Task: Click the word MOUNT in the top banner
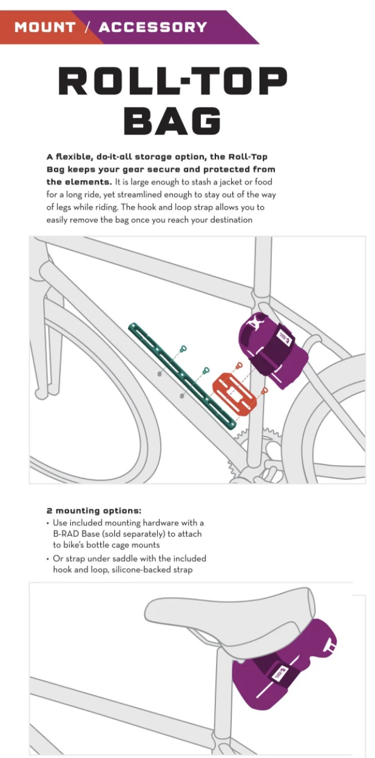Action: [x=44, y=27]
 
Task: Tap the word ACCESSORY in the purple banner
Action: [x=153, y=27]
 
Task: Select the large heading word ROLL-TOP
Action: [x=172, y=81]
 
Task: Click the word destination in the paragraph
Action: [x=226, y=220]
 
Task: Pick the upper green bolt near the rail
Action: [x=183, y=349]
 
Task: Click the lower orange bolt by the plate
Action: [x=265, y=390]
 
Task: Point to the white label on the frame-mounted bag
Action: [x=283, y=336]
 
